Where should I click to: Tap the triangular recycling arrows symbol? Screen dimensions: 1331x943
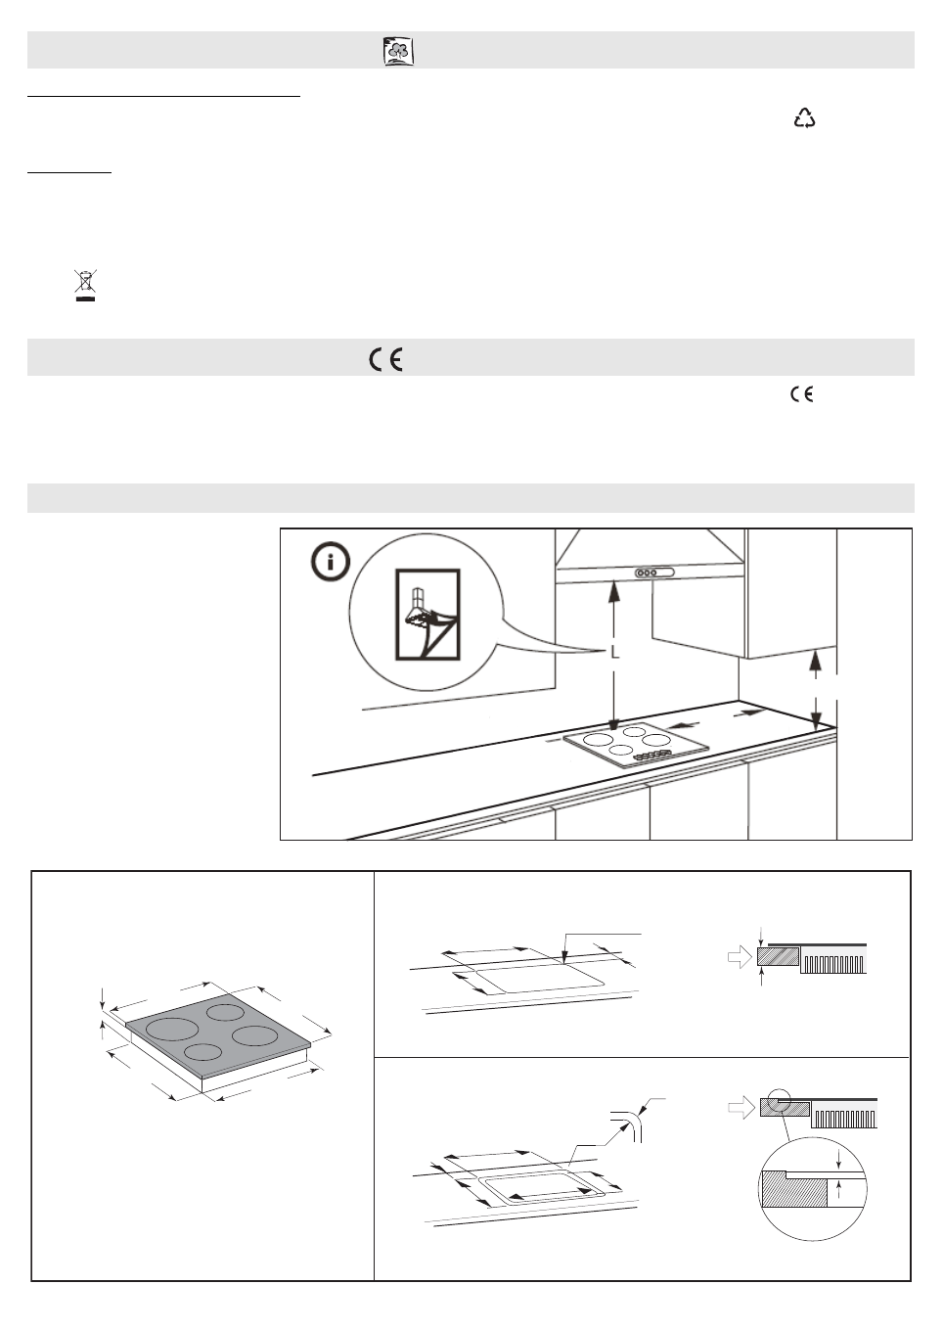coord(804,118)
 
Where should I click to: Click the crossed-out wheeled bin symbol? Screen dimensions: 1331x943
coord(86,286)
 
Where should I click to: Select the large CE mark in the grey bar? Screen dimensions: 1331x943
coord(386,359)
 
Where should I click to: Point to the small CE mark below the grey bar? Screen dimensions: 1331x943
coord(801,394)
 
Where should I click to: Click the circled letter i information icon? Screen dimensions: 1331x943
coord(331,563)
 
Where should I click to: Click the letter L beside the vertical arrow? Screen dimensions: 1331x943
coord(615,653)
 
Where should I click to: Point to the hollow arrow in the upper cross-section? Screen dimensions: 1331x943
coord(739,957)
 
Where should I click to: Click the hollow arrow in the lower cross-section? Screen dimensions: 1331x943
coord(741,1108)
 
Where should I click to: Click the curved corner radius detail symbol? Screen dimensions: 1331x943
coord(626,1124)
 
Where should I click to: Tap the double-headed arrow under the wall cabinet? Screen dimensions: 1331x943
coord(816,692)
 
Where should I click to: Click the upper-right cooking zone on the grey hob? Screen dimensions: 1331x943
coord(225,1012)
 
